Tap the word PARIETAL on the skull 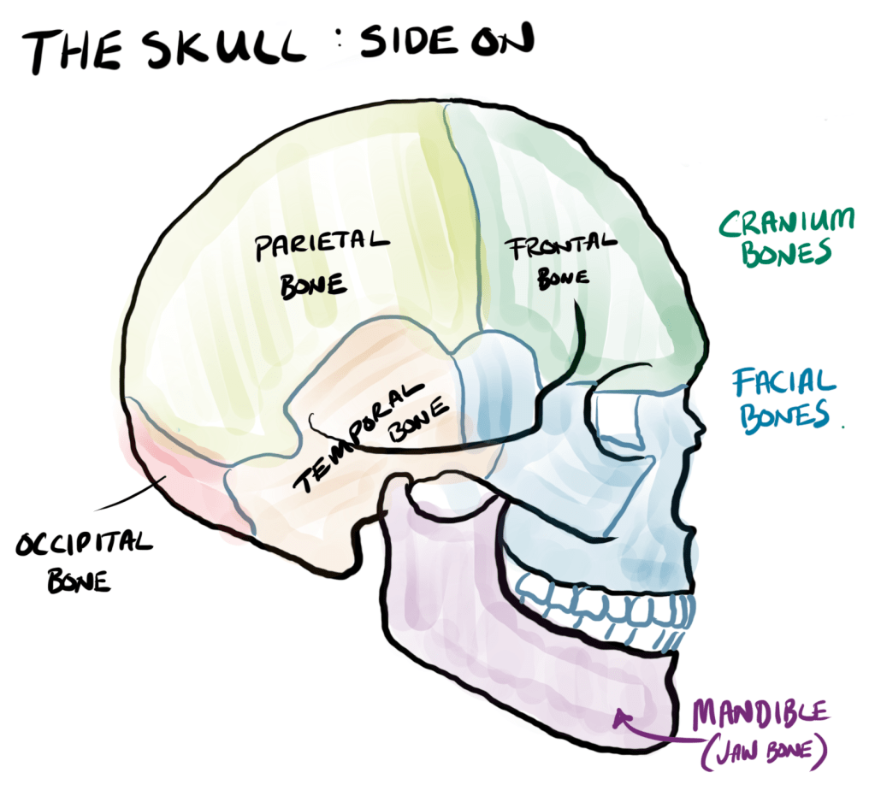[322, 245]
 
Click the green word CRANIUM [786, 223]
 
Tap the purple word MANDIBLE [760, 711]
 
